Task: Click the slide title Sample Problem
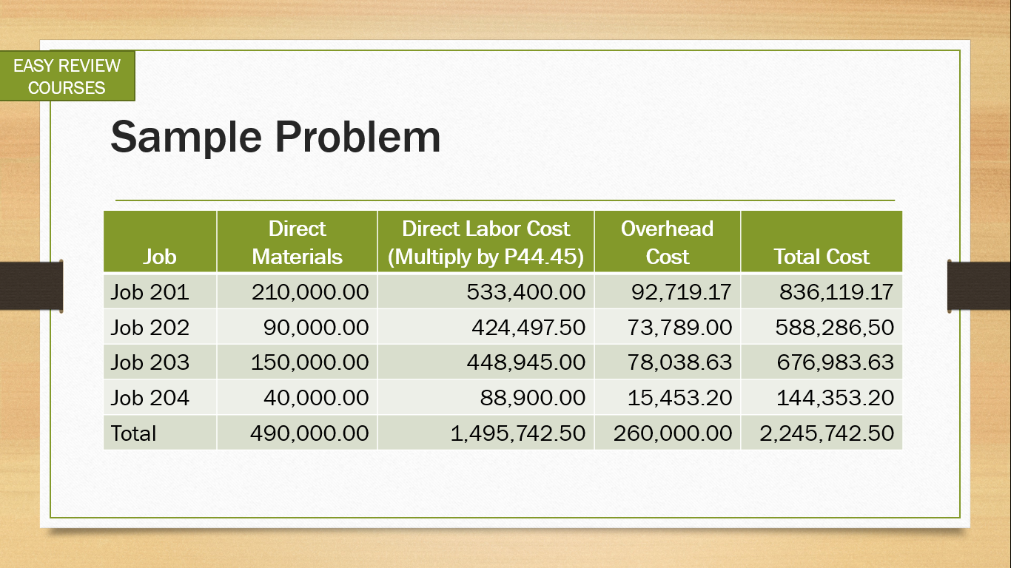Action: click(x=275, y=138)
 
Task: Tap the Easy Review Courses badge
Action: click(x=67, y=75)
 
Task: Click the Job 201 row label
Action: click(x=150, y=292)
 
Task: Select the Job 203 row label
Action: click(x=150, y=362)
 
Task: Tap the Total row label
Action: click(x=133, y=433)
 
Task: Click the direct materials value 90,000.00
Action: click(x=316, y=327)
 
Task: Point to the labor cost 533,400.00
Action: click(x=525, y=292)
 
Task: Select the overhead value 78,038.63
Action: click(x=679, y=362)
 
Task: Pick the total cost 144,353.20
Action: click(x=835, y=397)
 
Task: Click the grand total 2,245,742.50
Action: click(x=827, y=433)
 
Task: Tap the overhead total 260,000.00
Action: click(x=673, y=433)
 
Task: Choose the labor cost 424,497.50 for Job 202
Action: click(x=528, y=327)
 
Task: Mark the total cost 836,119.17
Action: click(x=836, y=292)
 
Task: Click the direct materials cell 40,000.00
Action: click(x=316, y=397)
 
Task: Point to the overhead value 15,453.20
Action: click(x=679, y=397)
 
